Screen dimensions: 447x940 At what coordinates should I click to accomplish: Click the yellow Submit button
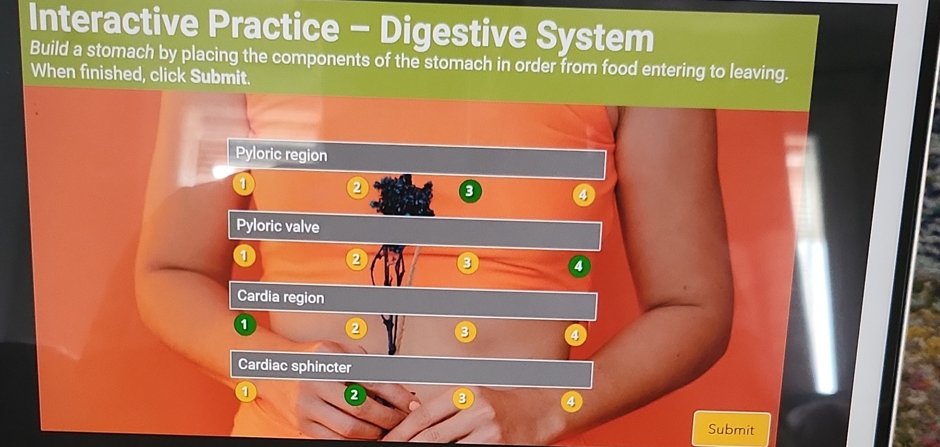(x=731, y=429)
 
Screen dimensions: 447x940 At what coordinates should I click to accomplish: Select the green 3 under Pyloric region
(x=469, y=191)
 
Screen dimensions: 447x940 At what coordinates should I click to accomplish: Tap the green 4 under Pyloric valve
(x=579, y=266)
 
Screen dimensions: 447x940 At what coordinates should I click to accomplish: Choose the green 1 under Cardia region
(x=244, y=324)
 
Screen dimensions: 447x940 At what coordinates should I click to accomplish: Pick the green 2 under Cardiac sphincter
(x=354, y=395)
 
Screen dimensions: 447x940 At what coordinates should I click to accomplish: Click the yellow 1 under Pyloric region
(x=243, y=184)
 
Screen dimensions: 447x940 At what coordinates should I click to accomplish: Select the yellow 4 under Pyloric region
(x=583, y=195)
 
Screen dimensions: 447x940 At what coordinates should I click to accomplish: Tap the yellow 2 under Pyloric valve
(x=356, y=259)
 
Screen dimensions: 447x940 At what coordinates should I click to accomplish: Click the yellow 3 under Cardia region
(x=464, y=332)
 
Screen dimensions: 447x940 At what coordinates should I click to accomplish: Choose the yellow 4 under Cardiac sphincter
(x=571, y=402)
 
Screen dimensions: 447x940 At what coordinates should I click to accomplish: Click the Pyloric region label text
(x=282, y=154)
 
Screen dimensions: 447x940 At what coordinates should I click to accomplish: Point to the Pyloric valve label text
(x=278, y=226)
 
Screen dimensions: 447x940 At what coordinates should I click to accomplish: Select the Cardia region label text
(x=281, y=296)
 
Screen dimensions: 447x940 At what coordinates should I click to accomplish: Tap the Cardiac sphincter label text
(x=294, y=366)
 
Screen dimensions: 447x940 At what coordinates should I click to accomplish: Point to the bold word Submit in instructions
(x=220, y=77)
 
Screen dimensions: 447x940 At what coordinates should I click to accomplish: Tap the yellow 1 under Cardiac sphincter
(x=245, y=392)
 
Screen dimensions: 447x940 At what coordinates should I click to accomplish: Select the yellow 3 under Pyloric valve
(x=467, y=263)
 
